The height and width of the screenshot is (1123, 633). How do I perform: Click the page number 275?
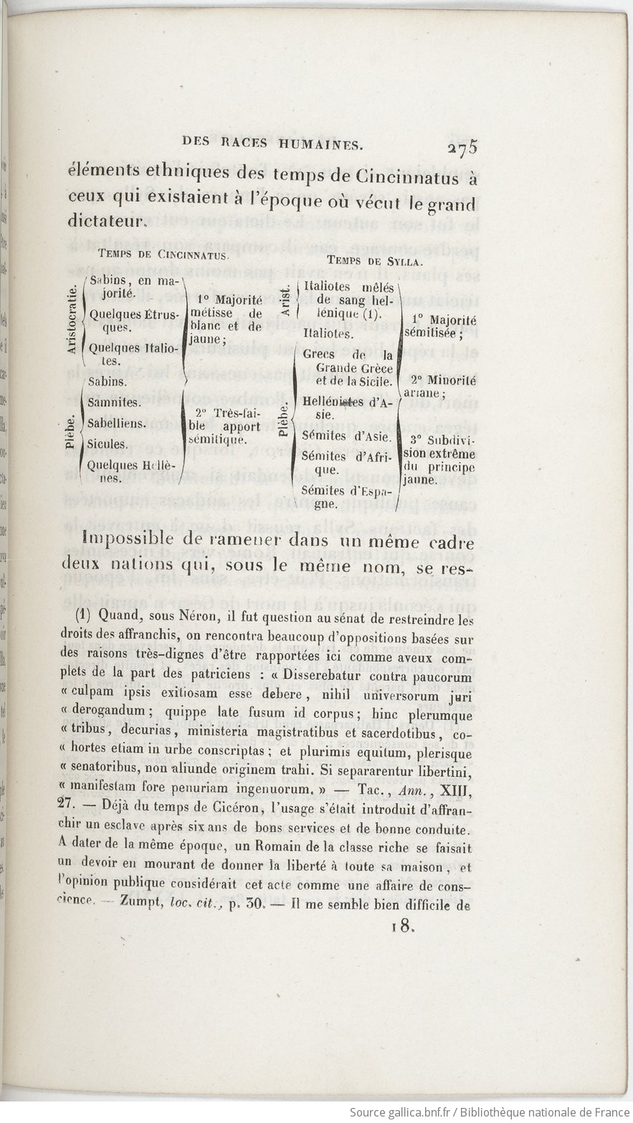462,148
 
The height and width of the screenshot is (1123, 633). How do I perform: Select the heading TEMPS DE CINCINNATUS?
163,254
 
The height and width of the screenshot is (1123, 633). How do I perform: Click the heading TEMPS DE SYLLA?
370,260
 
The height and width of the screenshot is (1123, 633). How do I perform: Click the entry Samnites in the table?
114,402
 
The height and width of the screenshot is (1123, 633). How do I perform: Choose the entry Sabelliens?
116,423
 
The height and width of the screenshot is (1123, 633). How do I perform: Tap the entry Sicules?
107,444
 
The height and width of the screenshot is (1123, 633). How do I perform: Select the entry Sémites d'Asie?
347,436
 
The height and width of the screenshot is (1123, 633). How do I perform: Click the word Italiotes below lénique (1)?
328,333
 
